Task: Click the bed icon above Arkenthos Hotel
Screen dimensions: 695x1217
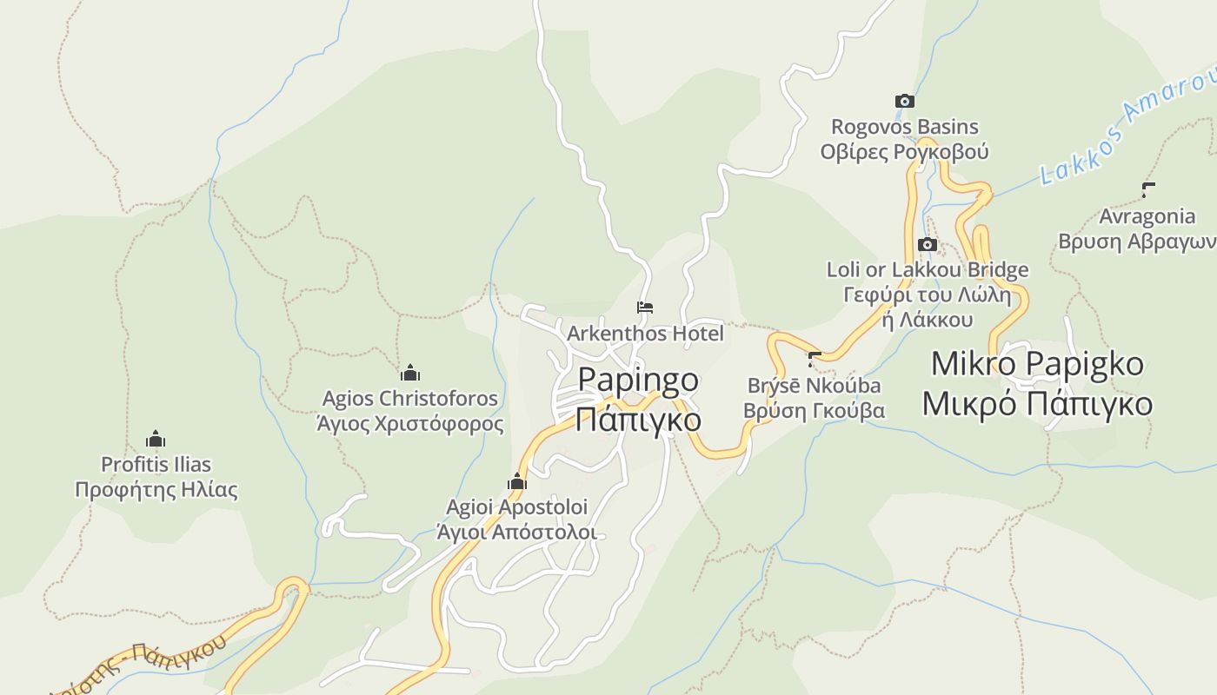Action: coord(645,308)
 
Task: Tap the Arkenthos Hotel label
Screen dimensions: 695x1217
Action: coord(645,333)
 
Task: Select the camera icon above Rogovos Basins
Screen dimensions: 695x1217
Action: coord(905,102)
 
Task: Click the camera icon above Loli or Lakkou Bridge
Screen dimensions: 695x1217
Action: coord(928,245)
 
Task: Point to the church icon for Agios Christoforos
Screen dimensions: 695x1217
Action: coord(410,374)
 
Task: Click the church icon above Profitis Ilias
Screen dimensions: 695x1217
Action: coord(156,439)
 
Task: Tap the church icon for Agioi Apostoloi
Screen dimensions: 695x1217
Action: coord(517,481)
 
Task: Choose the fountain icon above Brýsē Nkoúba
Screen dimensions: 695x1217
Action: coord(815,359)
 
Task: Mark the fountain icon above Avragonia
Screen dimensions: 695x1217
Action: coord(1148,190)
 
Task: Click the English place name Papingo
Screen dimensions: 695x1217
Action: coord(638,380)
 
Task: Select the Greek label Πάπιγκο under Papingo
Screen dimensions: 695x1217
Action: coord(638,419)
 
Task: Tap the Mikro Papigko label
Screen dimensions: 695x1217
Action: coord(1037,364)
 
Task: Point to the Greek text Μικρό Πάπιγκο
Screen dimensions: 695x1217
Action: coord(1037,404)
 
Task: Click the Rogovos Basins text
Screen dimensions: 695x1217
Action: coord(905,128)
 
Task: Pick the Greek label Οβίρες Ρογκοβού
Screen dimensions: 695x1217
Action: coord(905,152)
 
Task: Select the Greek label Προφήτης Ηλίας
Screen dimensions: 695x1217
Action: coord(156,489)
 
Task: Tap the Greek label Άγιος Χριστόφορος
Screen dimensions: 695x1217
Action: coord(410,424)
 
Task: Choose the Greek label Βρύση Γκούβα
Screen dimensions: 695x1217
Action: coord(815,410)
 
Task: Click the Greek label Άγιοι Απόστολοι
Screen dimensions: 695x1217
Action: coord(517,532)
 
